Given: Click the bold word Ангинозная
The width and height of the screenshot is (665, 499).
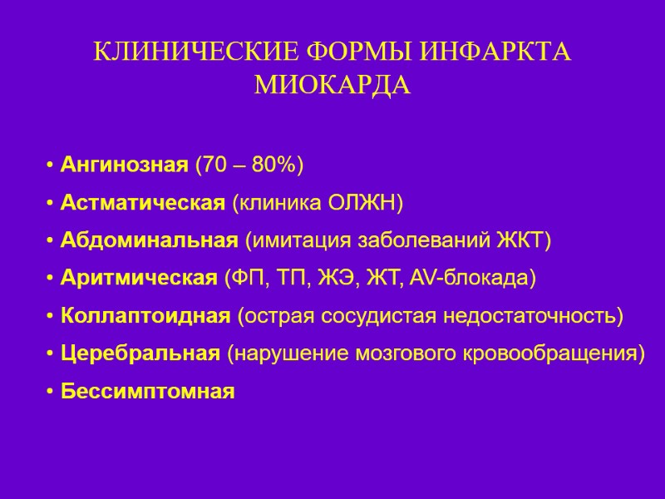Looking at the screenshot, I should pos(125,166).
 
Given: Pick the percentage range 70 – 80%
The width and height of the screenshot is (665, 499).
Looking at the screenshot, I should pos(248,166).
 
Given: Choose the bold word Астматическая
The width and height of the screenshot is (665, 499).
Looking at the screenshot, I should pos(143,203).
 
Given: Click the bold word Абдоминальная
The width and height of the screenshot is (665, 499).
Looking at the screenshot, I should pos(150,240).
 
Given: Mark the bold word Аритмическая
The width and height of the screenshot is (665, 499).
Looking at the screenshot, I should pos(138,278).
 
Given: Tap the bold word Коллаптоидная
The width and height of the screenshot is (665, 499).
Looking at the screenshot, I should pos(145,316).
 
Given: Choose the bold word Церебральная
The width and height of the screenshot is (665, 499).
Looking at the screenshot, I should pos(140,353).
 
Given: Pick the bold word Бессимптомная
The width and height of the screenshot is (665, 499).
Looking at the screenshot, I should pos(148,391).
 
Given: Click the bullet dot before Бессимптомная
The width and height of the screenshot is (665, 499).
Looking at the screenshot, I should pos(52,391).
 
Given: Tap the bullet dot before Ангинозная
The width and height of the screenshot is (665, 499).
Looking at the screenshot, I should pos(52,166).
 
